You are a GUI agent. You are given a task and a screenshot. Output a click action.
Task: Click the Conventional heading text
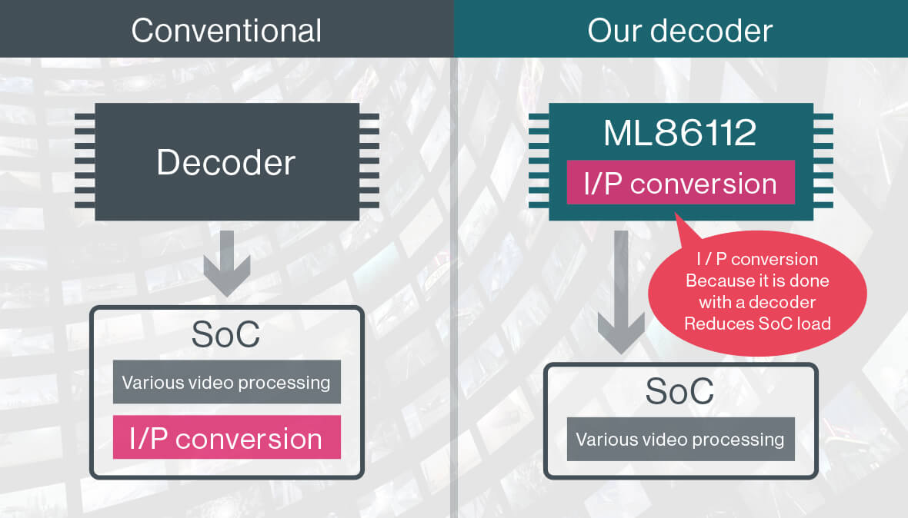[226, 31]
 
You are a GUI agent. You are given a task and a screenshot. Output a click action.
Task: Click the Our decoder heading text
[680, 31]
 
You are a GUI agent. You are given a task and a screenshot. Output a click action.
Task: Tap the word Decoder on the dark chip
[226, 163]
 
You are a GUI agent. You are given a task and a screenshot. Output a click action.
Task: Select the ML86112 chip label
[680, 133]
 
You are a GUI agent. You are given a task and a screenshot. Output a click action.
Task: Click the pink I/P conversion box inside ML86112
[681, 183]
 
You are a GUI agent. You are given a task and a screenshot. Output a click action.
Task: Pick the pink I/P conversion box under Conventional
[226, 437]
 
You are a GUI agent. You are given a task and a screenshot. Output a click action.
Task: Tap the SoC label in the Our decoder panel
[680, 391]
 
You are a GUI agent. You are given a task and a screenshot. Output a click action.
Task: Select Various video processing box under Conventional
[226, 382]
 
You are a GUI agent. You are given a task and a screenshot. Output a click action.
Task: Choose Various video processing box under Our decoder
[680, 440]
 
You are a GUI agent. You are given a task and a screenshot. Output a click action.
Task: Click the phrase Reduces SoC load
[758, 324]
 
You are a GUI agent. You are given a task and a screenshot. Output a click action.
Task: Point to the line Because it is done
[758, 281]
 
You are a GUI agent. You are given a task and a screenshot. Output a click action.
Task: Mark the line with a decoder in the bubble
[758, 302]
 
